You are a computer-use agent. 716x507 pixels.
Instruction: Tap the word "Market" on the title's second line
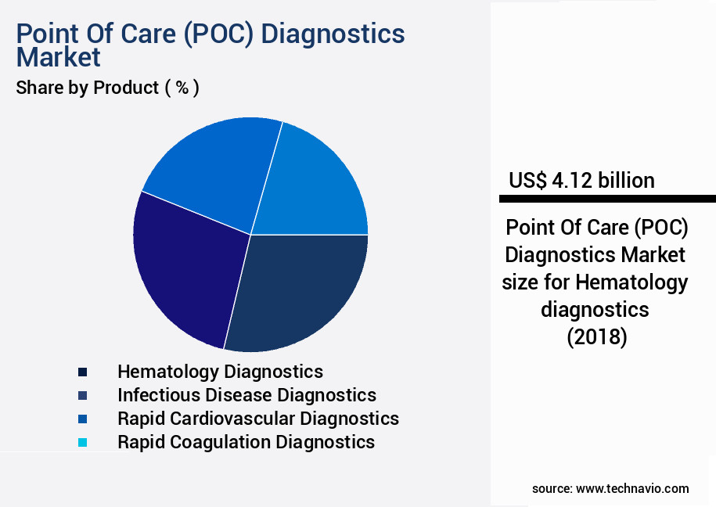pos(59,57)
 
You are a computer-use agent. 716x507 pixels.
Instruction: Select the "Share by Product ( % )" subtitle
pos(108,88)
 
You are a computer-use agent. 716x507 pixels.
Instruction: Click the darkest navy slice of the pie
pos(301,289)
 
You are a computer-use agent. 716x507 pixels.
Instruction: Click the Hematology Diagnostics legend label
pos(220,371)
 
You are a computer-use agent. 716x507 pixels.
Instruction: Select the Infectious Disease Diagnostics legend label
pos(246,395)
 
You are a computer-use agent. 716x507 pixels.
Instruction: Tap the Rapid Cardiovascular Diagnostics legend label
pos(257,419)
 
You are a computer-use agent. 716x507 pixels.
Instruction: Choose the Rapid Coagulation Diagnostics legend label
pos(246,442)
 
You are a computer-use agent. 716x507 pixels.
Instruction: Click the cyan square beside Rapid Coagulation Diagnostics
pos(83,443)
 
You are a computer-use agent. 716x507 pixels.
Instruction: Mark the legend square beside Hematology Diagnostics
pos(83,372)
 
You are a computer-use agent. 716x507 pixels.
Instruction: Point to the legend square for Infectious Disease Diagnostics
pos(83,395)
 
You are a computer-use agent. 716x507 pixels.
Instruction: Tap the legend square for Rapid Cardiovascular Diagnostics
pos(83,419)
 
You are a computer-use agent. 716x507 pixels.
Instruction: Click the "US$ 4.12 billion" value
pos(581,181)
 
